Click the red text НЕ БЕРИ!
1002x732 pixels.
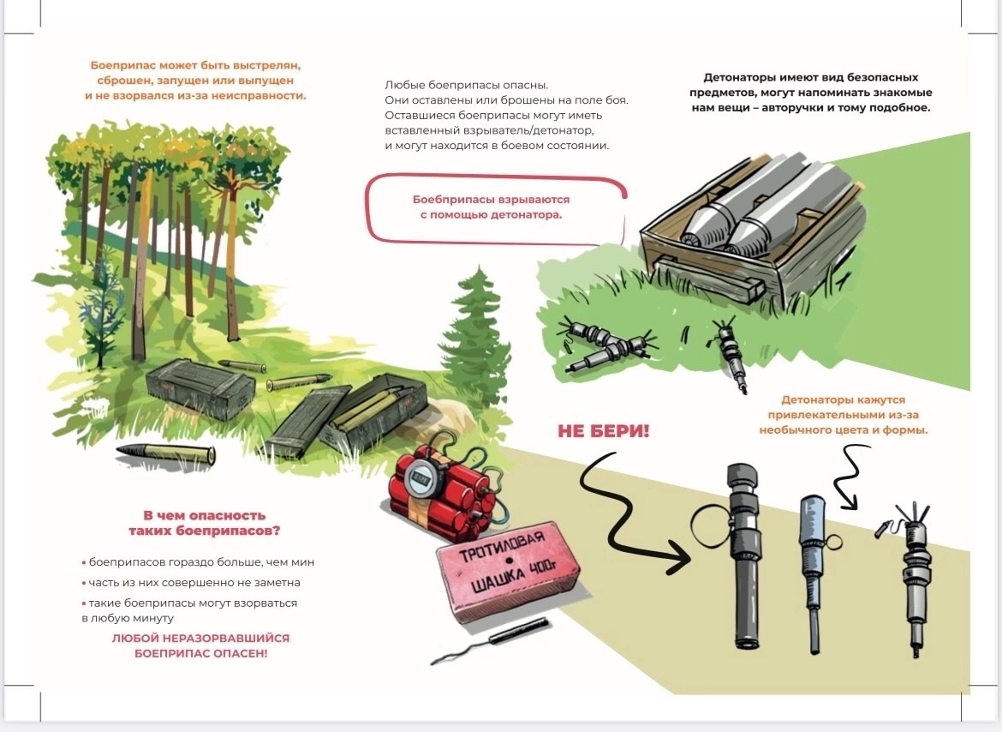pyautogui.click(x=603, y=431)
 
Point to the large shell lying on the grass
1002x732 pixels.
pyautogui.click(x=166, y=454)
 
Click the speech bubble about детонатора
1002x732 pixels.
pyautogui.click(x=495, y=209)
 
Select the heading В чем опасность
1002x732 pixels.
pyautogui.click(x=204, y=515)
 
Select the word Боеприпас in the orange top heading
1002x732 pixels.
pyautogui.click(x=122, y=65)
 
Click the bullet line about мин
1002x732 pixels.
pyautogui.click(x=198, y=562)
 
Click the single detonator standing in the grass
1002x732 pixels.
pyautogui.click(x=733, y=355)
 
